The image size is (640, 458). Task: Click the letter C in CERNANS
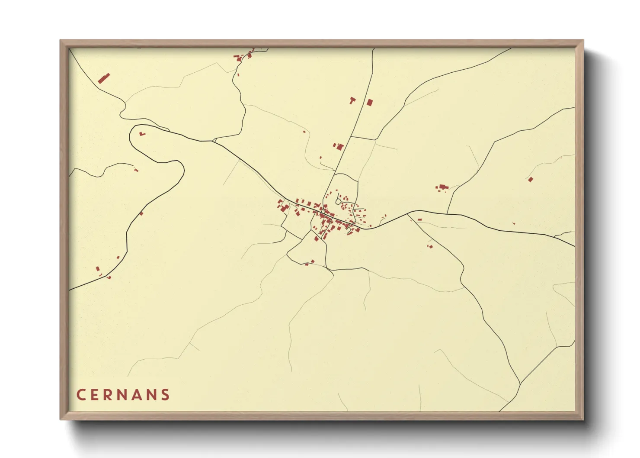point(80,395)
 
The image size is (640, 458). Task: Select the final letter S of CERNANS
point(166,395)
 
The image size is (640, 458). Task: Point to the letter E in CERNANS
point(94,395)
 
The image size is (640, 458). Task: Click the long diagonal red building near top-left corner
point(104,78)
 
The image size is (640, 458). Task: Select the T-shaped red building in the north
point(352,100)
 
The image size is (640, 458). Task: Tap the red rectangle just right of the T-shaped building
point(369,103)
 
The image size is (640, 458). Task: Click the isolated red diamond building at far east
point(531,179)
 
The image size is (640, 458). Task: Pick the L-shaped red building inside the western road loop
point(142,134)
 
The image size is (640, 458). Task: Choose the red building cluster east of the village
point(442,187)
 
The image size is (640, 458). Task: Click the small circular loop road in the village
point(338,201)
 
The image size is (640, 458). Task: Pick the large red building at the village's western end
point(284,209)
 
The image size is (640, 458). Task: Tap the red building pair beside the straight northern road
point(338,147)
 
